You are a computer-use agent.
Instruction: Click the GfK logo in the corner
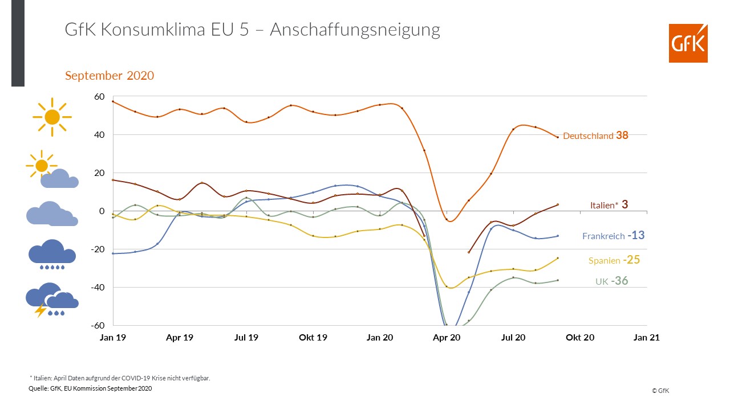[688, 43]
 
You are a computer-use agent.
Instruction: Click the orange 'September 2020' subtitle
[109, 76]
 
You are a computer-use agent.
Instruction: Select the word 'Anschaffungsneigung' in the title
[355, 30]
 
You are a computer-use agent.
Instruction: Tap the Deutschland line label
[588, 136]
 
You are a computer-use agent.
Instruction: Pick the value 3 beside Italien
[625, 204]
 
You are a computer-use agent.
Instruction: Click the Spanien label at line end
[604, 260]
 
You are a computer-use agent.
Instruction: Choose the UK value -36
[619, 281]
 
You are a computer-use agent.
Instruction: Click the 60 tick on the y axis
[99, 97]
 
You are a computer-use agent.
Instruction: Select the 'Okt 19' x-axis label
[313, 338]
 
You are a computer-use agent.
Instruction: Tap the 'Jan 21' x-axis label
[647, 338]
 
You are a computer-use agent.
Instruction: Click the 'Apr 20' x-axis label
[447, 338]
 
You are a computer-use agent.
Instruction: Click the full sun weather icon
[52, 117]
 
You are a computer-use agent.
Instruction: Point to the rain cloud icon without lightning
[52, 254]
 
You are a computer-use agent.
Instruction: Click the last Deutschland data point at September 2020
[558, 137]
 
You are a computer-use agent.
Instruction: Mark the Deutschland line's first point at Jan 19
[113, 101]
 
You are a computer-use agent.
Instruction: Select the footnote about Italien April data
[120, 378]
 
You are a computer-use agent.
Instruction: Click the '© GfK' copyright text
[660, 391]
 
